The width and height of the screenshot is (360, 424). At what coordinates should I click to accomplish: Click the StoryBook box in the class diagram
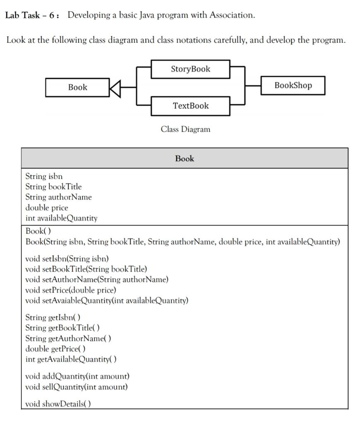click(190, 69)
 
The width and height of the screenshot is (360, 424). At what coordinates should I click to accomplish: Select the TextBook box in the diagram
click(190, 106)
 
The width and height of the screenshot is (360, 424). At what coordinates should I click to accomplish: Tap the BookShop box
click(293, 86)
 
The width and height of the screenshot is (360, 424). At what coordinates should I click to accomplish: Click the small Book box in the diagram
click(77, 87)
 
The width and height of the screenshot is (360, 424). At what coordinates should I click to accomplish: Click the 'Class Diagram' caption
click(185, 130)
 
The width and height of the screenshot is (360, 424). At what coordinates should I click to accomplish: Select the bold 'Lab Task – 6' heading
click(31, 16)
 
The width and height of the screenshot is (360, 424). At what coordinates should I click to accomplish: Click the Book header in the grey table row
click(185, 159)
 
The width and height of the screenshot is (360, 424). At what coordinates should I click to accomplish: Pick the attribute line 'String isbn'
click(44, 176)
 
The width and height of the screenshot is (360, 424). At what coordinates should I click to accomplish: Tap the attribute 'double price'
click(47, 207)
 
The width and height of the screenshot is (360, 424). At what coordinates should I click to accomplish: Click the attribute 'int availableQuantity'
click(61, 218)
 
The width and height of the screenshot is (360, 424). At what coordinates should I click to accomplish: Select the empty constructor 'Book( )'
click(38, 231)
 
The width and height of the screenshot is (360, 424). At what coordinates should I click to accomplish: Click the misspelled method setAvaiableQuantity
click(106, 300)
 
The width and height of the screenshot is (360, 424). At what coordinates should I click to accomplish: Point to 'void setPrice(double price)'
click(71, 290)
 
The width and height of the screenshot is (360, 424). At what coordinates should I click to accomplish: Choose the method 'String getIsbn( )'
click(53, 318)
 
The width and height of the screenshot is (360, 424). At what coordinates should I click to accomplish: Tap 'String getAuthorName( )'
click(68, 338)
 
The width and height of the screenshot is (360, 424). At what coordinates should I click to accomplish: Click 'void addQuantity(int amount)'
click(77, 376)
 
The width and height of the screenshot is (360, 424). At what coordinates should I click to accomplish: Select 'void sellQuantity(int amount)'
click(76, 387)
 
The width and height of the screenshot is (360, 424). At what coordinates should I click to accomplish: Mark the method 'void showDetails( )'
click(58, 404)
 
